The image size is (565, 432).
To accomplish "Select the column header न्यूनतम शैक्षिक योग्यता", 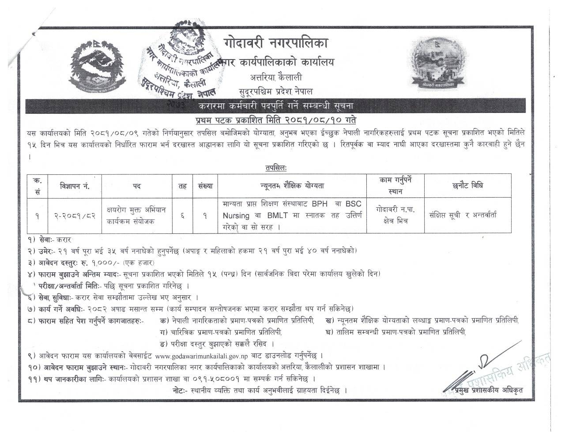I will point(292,186).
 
